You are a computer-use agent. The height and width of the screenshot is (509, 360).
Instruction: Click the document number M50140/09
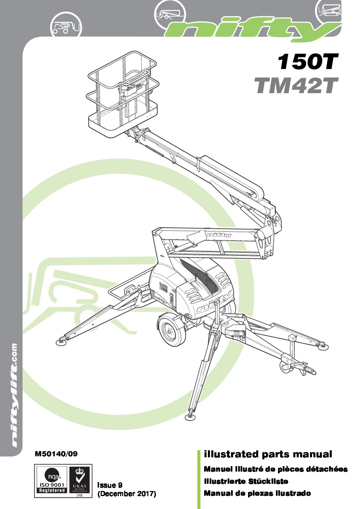tap(56, 454)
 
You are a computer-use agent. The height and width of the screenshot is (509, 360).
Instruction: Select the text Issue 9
tap(110, 485)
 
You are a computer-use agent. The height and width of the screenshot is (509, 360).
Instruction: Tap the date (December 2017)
tap(127, 494)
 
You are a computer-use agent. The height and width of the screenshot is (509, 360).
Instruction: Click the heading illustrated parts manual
tap(268, 454)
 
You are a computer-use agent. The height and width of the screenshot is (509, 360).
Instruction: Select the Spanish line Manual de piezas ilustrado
tap(257, 493)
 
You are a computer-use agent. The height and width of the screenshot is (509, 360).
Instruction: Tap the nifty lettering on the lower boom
tap(218, 234)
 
